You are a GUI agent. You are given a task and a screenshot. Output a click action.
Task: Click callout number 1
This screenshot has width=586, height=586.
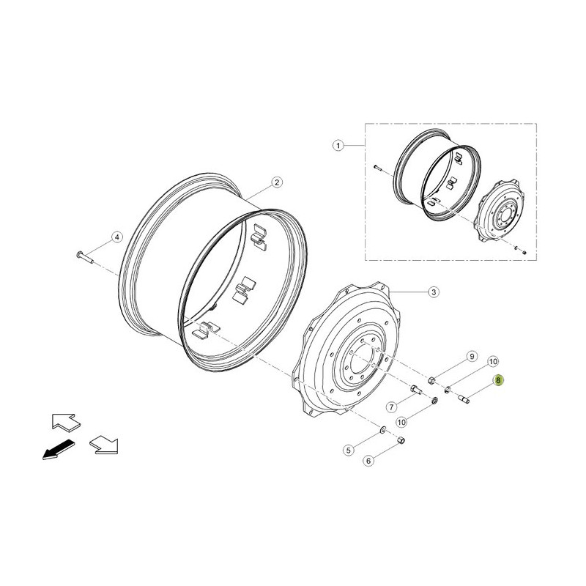click(x=338, y=145)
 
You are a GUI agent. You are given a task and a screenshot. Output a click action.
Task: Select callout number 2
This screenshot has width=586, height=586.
click(x=277, y=182)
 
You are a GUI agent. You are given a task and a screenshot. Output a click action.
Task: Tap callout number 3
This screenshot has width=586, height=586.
click(x=433, y=292)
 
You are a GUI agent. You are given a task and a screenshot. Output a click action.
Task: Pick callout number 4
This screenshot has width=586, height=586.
click(x=117, y=237)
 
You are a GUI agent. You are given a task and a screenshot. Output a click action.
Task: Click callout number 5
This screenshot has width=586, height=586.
click(x=349, y=450)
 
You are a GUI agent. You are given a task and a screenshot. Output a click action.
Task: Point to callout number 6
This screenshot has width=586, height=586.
click(x=368, y=461)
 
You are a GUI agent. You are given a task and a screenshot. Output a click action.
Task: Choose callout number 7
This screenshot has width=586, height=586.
click(x=391, y=407)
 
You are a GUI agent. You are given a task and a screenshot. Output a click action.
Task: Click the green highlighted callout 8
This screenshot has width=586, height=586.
click(x=498, y=380)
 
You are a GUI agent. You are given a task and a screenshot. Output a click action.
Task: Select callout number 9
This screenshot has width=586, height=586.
click(x=472, y=356)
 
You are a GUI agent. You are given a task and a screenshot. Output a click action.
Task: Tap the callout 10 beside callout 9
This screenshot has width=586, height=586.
click(x=493, y=361)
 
